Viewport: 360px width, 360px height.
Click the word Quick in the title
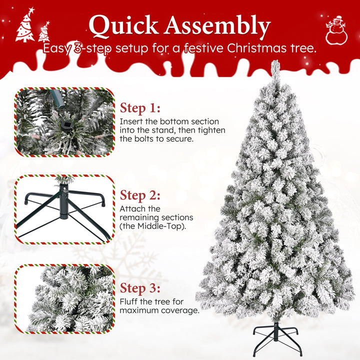(124, 25)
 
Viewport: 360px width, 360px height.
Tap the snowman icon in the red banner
(336, 30)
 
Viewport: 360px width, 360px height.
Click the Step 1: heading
(140, 108)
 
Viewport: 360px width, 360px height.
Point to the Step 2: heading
(140, 195)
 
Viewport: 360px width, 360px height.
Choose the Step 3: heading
(140, 288)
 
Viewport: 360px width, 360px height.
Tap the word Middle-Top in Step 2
(160, 226)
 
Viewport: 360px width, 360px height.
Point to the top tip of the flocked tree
(275, 60)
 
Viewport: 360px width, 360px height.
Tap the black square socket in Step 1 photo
(67, 125)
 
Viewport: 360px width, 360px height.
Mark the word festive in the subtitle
(203, 48)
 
